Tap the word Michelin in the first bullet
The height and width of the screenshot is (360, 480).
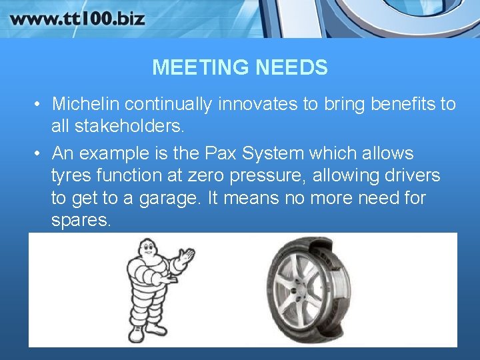point(86,104)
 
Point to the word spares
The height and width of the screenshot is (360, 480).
point(81,221)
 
